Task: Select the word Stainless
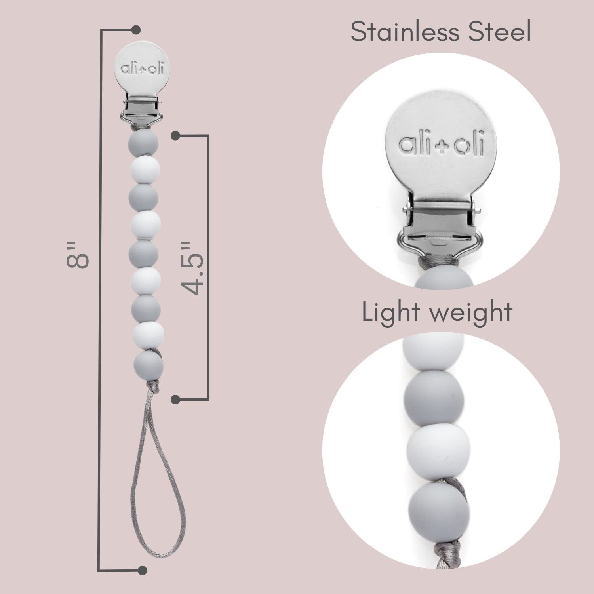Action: (407, 32)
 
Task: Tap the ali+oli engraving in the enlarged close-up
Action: (440, 145)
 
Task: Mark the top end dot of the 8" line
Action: (136, 30)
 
